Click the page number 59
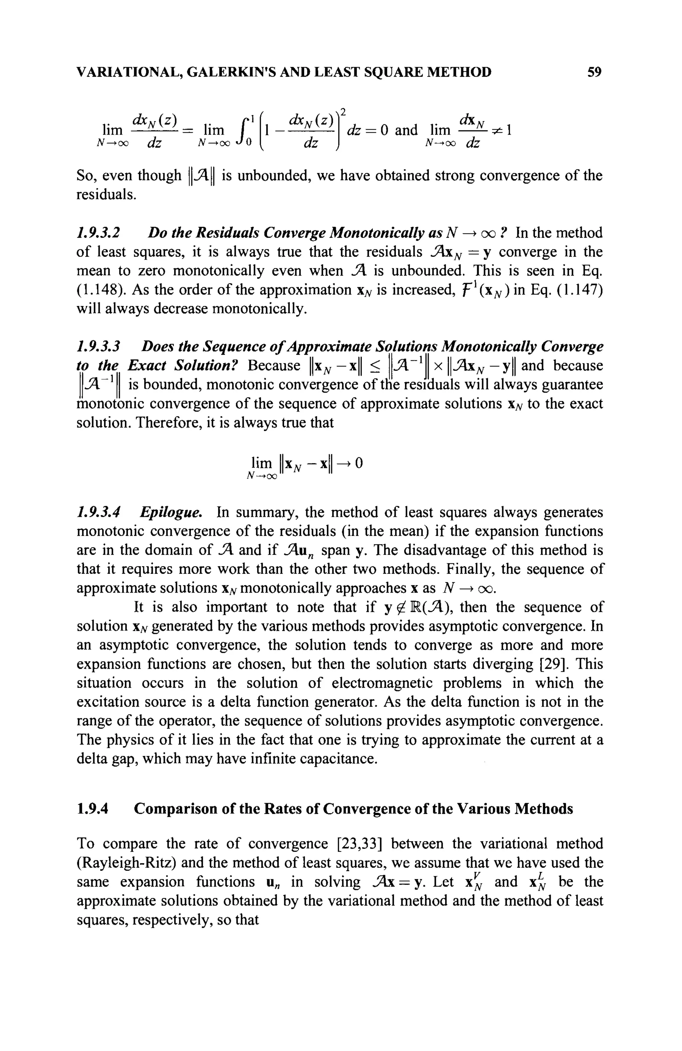tap(594, 72)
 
